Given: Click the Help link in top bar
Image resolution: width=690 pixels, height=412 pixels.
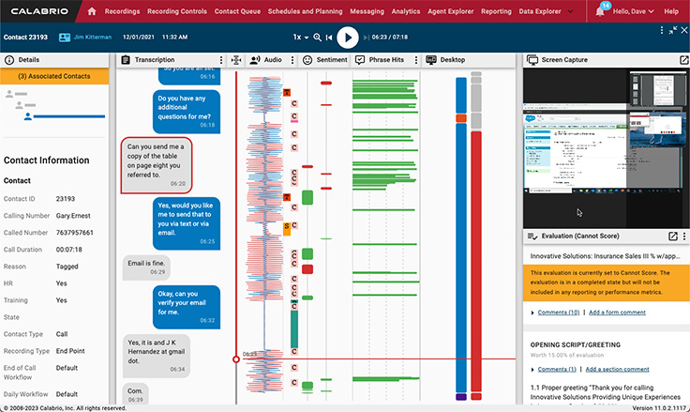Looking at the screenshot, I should coord(670,11).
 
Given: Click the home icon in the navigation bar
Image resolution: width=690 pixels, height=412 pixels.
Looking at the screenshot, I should coord(92,11).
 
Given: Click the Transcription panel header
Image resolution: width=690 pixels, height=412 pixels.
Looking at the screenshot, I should coord(154,59).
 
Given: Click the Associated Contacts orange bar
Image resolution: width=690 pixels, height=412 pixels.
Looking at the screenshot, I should coord(54,76).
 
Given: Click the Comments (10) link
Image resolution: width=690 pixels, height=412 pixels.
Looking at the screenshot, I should coord(558,312).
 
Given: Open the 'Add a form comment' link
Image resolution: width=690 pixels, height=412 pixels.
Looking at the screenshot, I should coord(616,312).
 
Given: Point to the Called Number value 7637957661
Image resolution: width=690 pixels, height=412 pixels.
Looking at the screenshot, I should coord(74,232).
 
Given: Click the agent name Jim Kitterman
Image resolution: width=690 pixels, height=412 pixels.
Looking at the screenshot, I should coord(84,37).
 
